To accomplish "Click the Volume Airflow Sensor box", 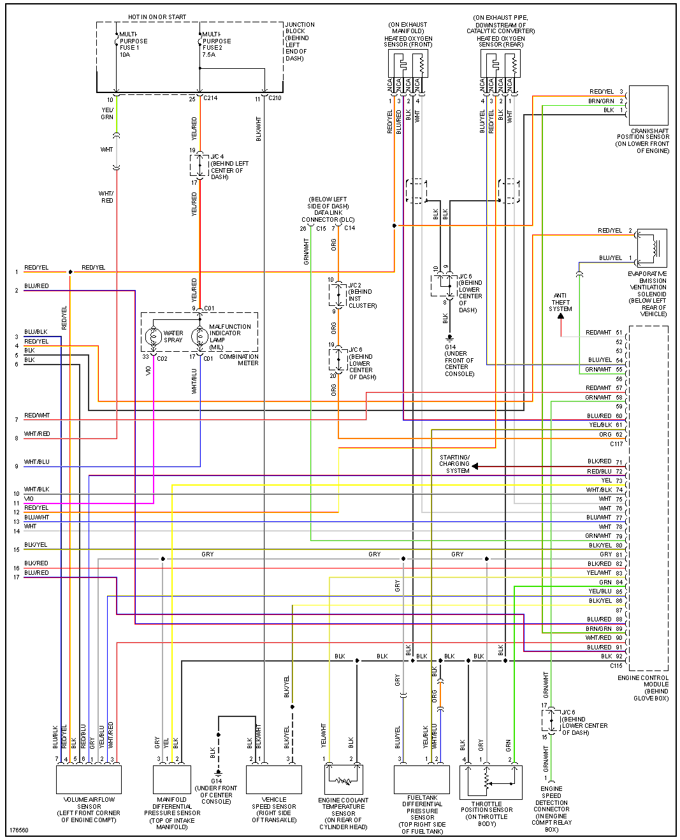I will pos(89,779).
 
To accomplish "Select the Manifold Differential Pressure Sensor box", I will pos(171,779).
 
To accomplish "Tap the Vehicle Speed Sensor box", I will pos(274,779).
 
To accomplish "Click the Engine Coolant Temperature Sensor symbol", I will pos(344,779).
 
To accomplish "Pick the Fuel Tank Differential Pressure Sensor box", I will pos(422,779).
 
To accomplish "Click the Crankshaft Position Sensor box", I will pos(648,105).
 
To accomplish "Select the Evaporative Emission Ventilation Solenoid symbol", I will pos(651,248).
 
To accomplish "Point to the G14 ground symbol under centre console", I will pos(449,338).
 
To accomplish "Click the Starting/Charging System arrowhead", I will pos(475,467).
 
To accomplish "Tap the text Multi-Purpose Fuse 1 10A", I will pos(133,45).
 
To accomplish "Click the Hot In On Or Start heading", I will pos(157,17).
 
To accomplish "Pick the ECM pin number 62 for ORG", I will pos(619,435).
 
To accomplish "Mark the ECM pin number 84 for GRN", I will pos(619,583).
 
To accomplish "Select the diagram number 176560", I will pos(18,830).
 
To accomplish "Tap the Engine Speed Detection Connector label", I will pos(551,809).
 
